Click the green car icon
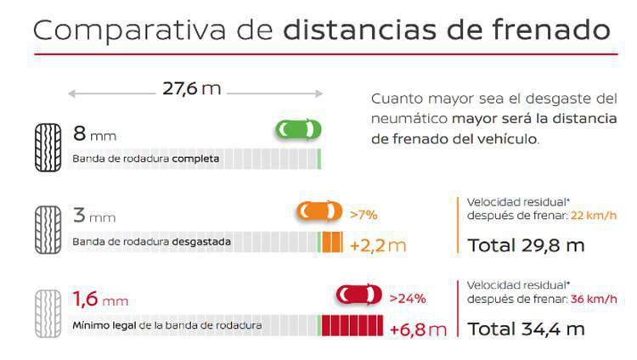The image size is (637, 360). pyautogui.click(x=298, y=130)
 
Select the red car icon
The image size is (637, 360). pyautogui.click(x=358, y=295)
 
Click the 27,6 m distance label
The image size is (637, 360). pyautogui.click(x=192, y=88)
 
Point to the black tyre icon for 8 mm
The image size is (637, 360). pyautogui.click(x=48, y=147)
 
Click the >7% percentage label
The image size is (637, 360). pyautogui.click(x=364, y=213)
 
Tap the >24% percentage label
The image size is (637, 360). pyautogui.click(x=407, y=297)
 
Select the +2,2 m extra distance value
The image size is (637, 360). pyautogui.click(x=378, y=246)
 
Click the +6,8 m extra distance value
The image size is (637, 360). pyautogui.click(x=418, y=329)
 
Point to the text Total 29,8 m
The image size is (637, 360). pyautogui.click(x=526, y=245)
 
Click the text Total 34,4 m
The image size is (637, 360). pyautogui.click(x=526, y=329)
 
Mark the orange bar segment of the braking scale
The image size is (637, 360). pyautogui.click(x=330, y=243)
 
